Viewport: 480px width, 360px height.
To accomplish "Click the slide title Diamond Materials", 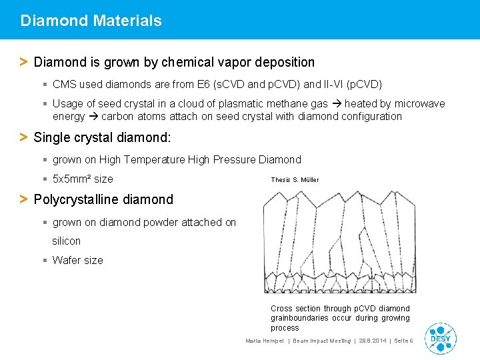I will (91, 21).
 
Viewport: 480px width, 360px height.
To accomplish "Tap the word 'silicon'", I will (67, 241).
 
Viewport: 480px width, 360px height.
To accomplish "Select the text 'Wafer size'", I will (77, 260).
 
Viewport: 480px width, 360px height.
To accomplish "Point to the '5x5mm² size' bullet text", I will (83, 179).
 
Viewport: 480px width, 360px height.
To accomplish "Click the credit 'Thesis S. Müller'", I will (295, 180).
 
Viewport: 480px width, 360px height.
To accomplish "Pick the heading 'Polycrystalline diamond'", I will (103, 199).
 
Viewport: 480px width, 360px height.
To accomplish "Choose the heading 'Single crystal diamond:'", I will (102, 137).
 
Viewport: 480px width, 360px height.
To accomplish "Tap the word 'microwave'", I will (420, 103).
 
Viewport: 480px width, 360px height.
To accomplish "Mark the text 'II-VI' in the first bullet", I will (339, 85).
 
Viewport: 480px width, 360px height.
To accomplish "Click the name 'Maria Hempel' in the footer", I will (265, 341).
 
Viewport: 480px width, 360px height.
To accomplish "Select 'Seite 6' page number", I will (403, 341).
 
